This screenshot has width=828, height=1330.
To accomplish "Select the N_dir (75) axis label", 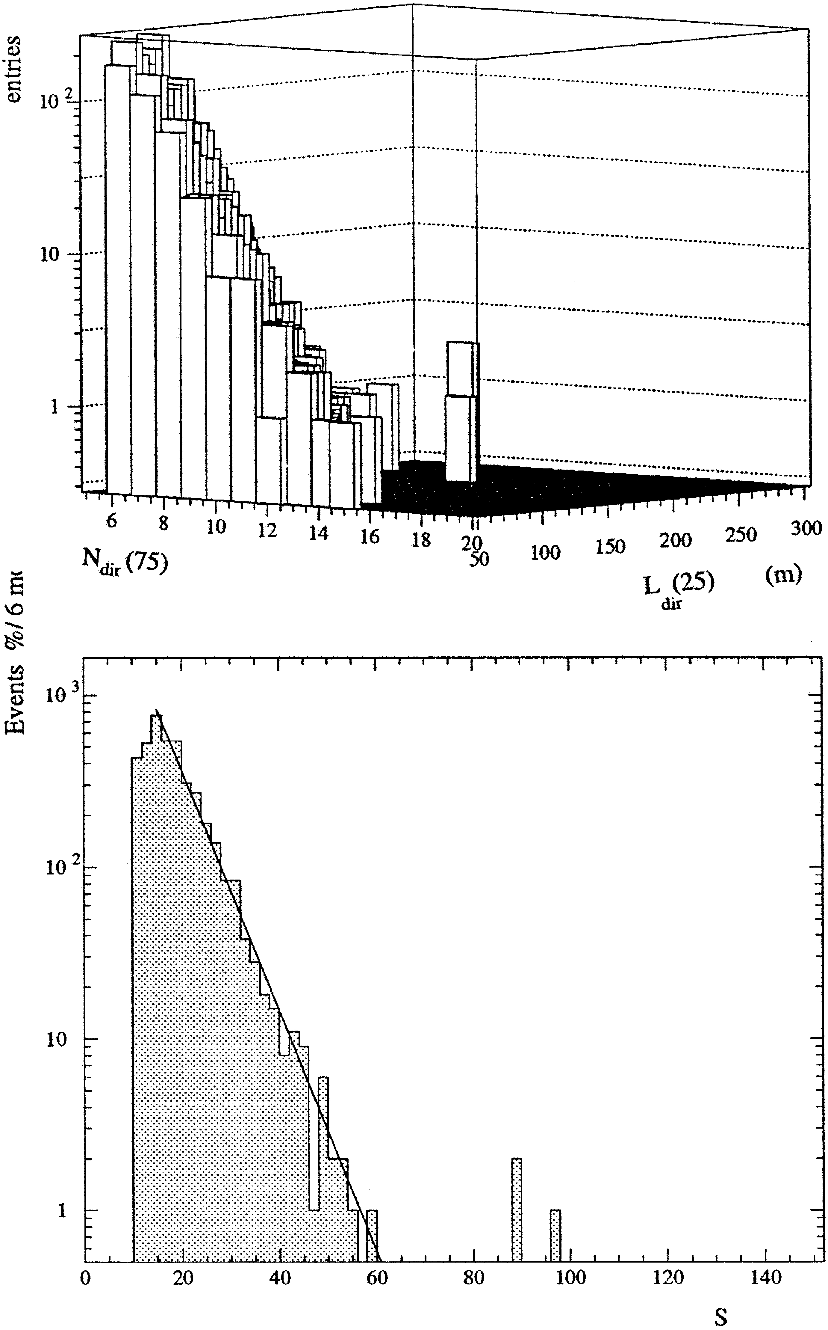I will click(125, 562).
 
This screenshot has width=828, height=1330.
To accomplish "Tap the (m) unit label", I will click(783, 574).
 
